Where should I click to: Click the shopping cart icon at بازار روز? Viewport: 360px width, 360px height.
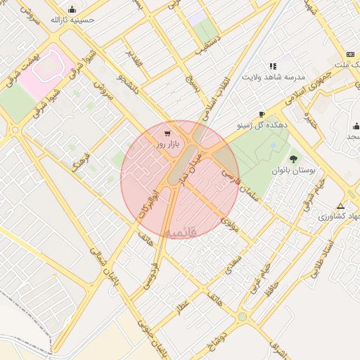click(167, 133)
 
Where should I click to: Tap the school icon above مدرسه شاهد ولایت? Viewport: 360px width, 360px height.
click(272, 66)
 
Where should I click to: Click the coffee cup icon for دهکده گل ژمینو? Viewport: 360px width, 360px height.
click(262, 114)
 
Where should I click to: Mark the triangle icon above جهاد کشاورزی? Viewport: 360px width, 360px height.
click(341, 206)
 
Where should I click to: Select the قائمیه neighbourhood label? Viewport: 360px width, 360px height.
click(181, 231)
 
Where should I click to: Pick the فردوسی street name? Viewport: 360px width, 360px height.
click(150, 275)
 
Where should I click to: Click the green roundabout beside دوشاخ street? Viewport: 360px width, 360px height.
click(243, 317)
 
